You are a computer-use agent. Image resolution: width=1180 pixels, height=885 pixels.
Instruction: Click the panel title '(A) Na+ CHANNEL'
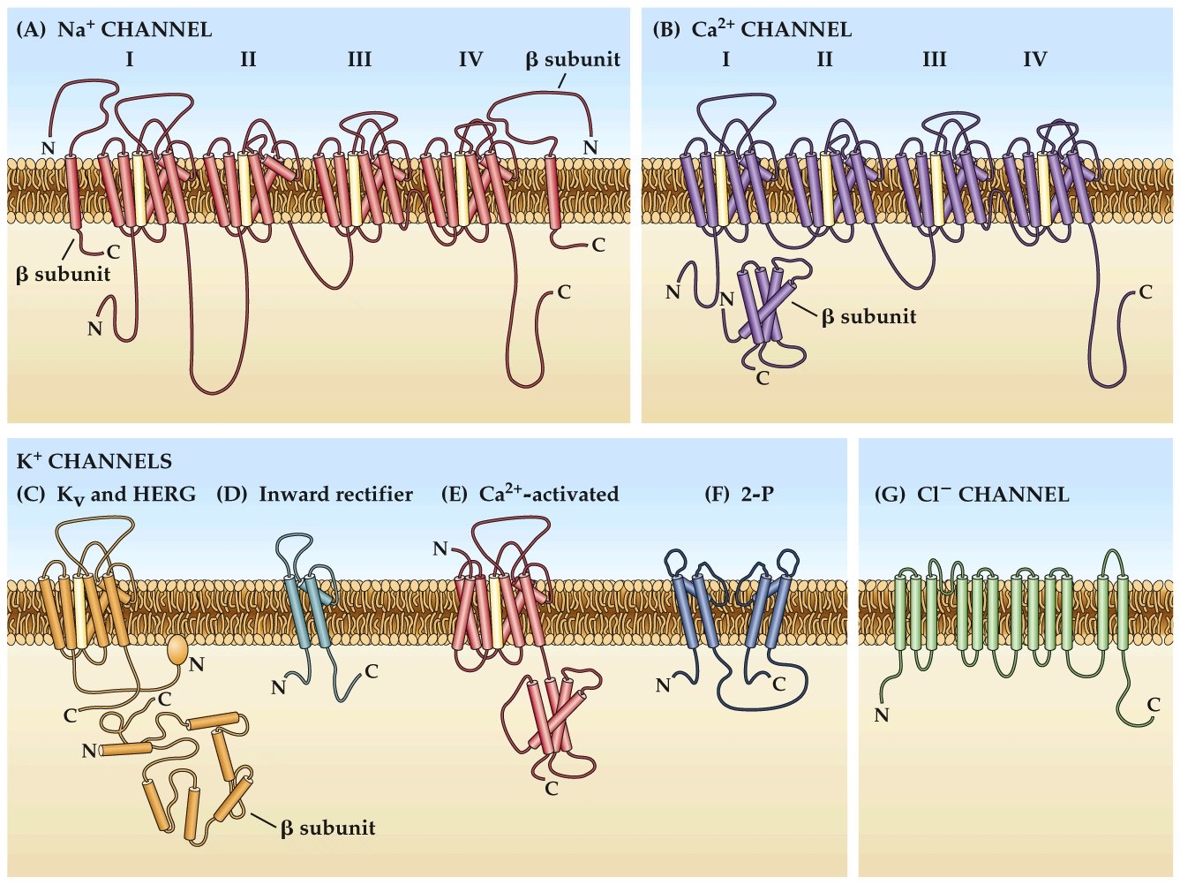pyautogui.click(x=114, y=29)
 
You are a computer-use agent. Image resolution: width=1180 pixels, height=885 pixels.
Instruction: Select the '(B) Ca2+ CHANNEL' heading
pyautogui.click(x=751, y=29)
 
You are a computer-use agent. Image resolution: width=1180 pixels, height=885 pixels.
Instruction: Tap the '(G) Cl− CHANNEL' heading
pyautogui.click(x=971, y=495)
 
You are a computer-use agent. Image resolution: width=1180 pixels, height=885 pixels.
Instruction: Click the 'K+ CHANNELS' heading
pyautogui.click(x=94, y=461)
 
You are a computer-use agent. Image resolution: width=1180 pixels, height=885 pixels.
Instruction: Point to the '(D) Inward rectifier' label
pyautogui.click(x=314, y=495)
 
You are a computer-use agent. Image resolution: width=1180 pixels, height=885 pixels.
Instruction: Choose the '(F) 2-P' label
pyautogui.click(x=740, y=495)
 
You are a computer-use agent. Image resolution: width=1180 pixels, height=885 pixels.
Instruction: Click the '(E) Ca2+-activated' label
pyautogui.click(x=530, y=495)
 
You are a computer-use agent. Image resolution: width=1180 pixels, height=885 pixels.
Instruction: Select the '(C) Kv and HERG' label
pyautogui.click(x=106, y=495)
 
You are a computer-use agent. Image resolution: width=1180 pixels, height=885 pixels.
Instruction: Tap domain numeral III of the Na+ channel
pyautogui.click(x=359, y=59)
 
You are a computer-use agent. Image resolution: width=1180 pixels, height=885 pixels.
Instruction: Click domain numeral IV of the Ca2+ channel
pyautogui.click(x=1034, y=59)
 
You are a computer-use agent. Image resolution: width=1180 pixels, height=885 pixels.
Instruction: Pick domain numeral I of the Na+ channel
pyautogui.click(x=130, y=59)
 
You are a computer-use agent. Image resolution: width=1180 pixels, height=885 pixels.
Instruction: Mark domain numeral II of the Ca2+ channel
pyautogui.click(x=824, y=59)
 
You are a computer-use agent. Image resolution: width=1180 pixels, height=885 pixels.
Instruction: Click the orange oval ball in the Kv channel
pyautogui.click(x=177, y=651)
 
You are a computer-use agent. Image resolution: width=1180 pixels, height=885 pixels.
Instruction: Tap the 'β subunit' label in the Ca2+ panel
pyautogui.click(x=868, y=316)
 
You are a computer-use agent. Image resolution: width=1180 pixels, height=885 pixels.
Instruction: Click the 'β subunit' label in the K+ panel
pyautogui.click(x=327, y=828)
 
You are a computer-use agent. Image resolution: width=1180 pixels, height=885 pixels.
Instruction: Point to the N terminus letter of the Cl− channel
pyautogui.click(x=881, y=715)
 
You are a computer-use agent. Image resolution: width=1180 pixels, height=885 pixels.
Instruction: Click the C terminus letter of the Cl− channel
pyautogui.click(x=1154, y=704)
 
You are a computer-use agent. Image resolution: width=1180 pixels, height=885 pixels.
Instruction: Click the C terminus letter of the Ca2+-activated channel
pyautogui.click(x=552, y=789)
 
